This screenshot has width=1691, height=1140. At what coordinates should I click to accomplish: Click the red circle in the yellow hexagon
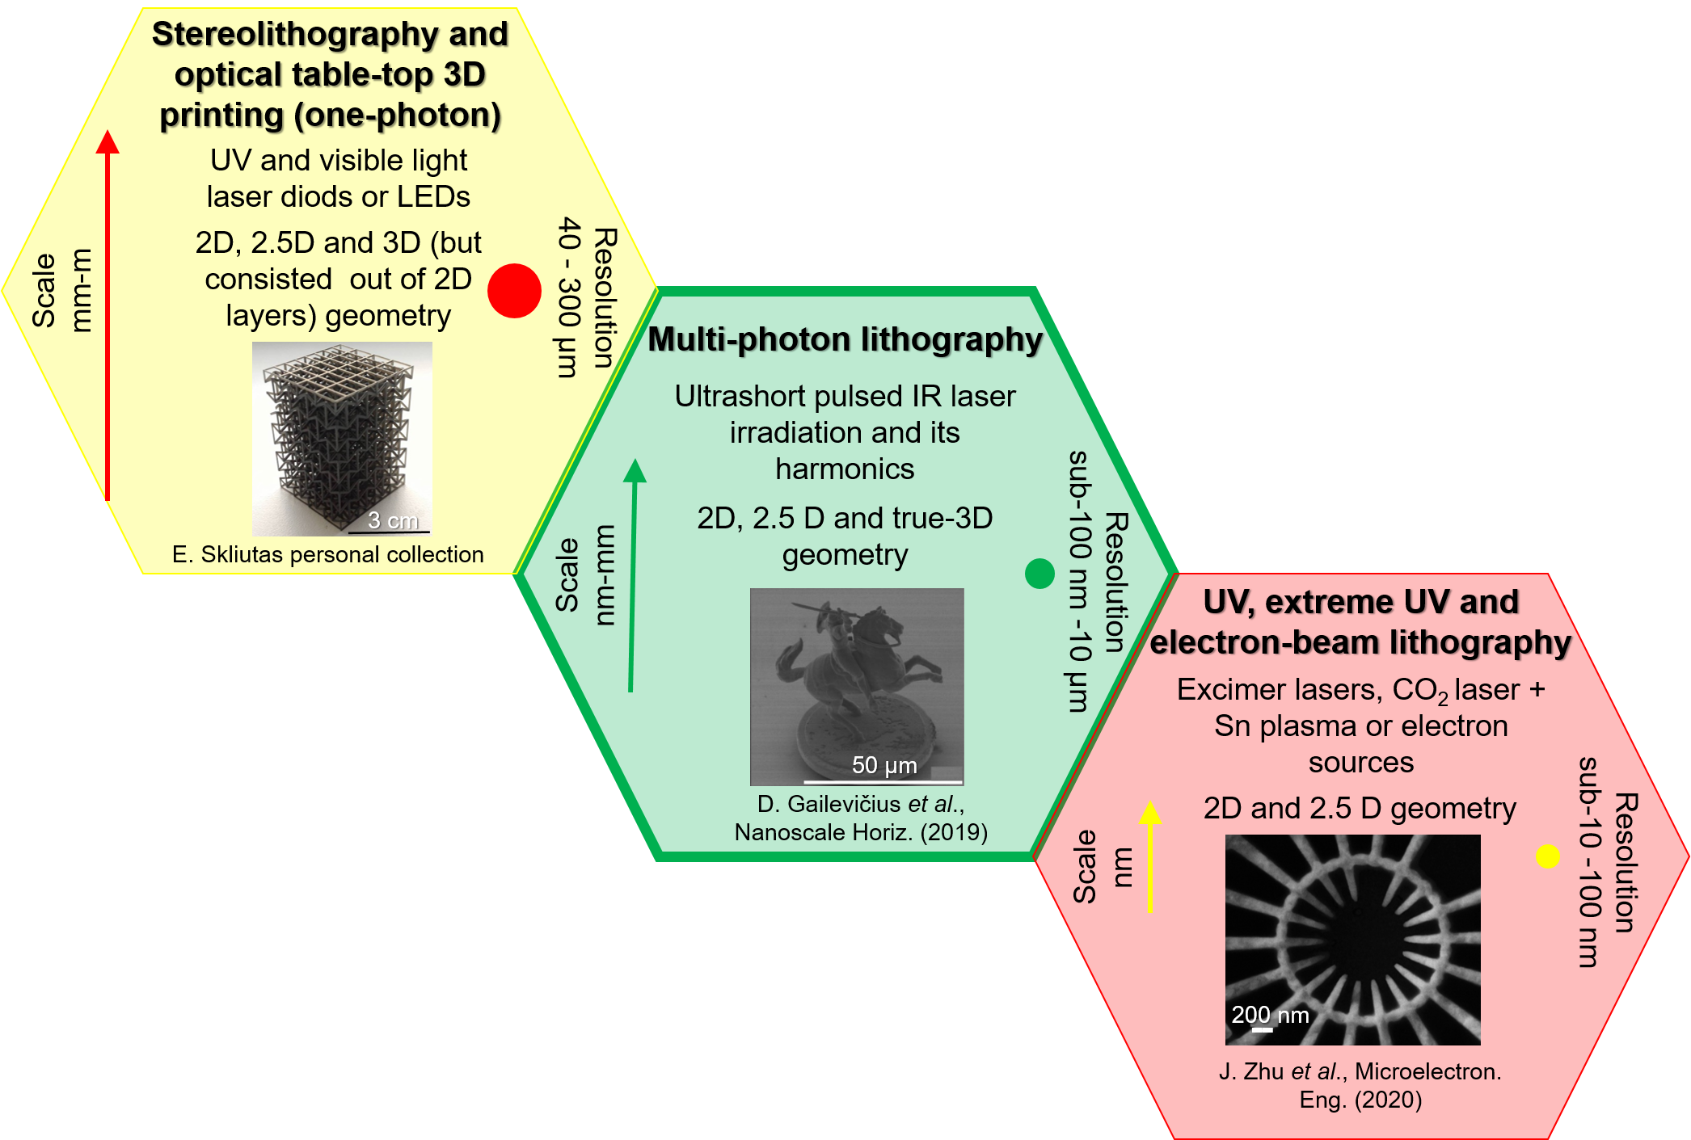[514, 291]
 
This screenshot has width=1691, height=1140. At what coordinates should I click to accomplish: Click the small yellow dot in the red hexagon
[1547, 856]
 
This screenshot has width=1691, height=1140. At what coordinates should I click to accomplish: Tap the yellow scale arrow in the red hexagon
[1150, 856]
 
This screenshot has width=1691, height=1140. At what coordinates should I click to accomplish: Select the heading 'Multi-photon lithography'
[845, 340]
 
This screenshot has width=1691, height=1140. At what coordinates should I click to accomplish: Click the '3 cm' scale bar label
[393, 520]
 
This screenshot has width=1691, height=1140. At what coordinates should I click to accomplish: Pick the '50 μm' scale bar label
[884, 765]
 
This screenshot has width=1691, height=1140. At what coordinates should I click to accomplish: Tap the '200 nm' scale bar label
[1270, 1015]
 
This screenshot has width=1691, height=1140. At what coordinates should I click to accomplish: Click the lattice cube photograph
[342, 436]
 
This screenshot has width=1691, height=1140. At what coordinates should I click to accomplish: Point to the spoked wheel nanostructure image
[1352, 939]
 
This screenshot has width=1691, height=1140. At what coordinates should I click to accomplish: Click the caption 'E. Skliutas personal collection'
[328, 555]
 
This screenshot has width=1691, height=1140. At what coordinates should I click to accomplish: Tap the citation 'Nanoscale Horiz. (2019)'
[861, 832]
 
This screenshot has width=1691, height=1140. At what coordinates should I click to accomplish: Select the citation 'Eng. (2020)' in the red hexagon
[1360, 1100]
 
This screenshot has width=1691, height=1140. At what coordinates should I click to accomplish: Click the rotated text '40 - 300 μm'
[569, 297]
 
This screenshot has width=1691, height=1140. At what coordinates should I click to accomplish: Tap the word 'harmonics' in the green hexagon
[845, 469]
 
